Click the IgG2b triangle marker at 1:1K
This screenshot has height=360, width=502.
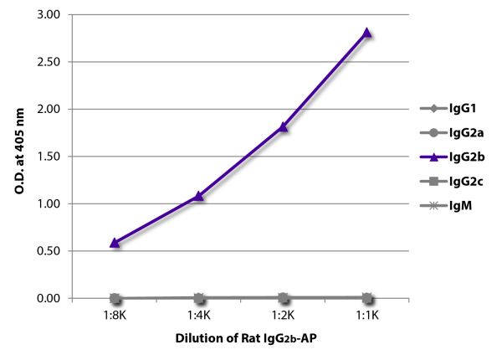point(366,33)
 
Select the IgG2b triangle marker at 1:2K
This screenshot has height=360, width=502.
point(283,127)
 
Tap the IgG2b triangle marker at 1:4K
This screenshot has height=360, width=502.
point(198,196)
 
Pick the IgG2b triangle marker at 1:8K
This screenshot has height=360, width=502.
point(115,243)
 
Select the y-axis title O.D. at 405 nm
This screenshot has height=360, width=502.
point(18,157)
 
